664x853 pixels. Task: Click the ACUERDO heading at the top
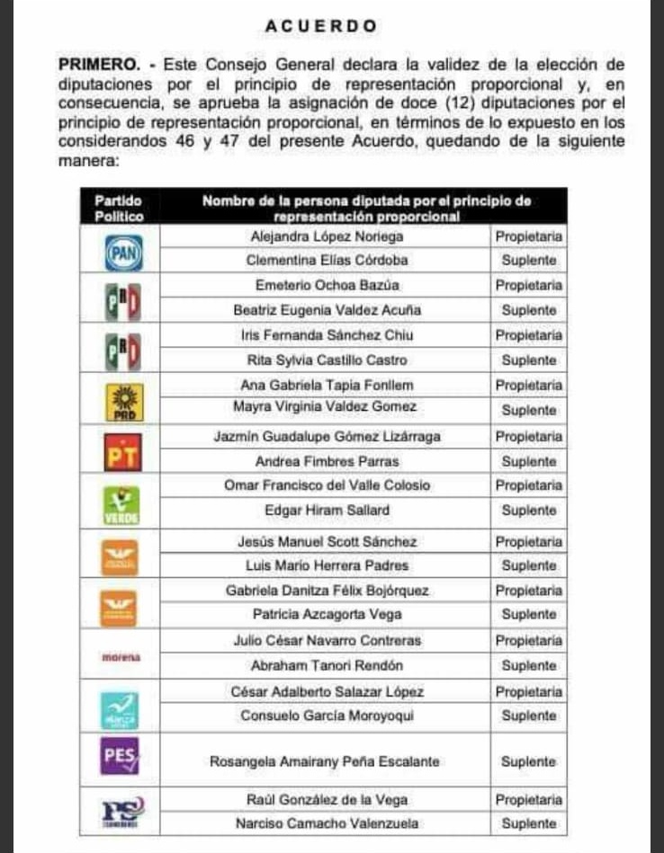(x=320, y=27)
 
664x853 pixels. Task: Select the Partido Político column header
(x=118, y=209)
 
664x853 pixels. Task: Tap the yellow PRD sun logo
(x=123, y=401)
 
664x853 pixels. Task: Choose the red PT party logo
(x=123, y=452)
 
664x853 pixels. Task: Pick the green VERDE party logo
(x=123, y=503)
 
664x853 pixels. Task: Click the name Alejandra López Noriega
(x=325, y=236)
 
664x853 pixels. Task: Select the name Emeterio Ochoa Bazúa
(x=325, y=285)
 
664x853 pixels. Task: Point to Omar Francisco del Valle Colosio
(x=327, y=485)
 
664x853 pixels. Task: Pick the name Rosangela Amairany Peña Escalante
(x=325, y=762)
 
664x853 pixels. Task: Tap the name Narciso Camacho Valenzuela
(x=325, y=823)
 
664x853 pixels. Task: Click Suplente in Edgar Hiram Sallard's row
(x=529, y=511)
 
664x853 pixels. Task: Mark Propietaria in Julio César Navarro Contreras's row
(x=529, y=642)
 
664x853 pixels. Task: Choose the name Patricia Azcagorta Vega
(x=325, y=616)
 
